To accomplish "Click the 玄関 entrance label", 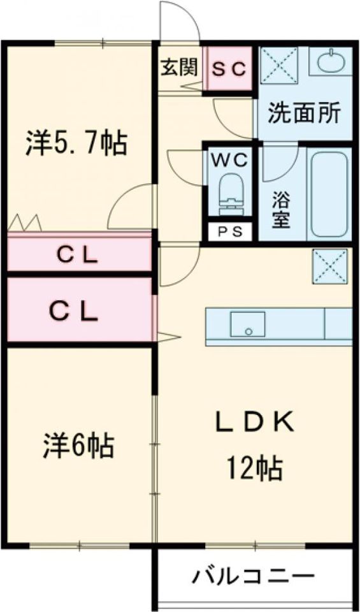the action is (180, 68).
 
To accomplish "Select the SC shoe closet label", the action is (229, 69).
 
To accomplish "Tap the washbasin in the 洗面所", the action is (331, 61).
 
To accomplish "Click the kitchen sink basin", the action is (247, 324).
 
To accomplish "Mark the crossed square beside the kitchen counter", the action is (329, 266).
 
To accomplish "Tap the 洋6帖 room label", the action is (78, 446).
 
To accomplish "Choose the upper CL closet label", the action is (77, 256).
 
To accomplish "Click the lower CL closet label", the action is (73, 311).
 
